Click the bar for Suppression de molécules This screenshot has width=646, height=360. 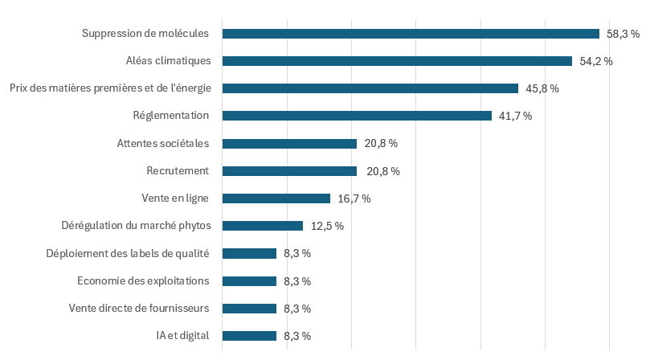[x=411, y=34]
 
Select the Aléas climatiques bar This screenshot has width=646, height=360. [x=397, y=61]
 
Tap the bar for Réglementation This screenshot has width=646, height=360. [x=357, y=116]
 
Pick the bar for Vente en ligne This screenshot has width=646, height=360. [x=276, y=198]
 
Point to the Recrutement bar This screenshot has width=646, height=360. [x=289, y=171]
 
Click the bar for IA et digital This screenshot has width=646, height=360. [x=249, y=336]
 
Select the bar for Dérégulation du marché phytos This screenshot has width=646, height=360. [x=263, y=226]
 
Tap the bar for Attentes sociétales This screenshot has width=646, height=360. [x=289, y=144]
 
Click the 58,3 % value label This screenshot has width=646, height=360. [x=623, y=34]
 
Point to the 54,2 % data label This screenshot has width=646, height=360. [x=596, y=61]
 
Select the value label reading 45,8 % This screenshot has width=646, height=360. [x=542, y=88]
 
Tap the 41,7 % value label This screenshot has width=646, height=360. [x=516, y=116]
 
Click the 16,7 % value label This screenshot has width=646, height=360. [x=354, y=198]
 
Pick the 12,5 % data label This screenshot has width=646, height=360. [x=327, y=226]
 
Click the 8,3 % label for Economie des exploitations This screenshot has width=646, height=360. [x=297, y=281]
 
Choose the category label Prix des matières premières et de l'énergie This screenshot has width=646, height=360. [x=110, y=88]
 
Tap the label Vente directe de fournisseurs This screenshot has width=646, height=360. [x=139, y=309]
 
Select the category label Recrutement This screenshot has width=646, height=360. [x=178, y=171]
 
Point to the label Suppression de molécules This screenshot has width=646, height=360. [x=145, y=34]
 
